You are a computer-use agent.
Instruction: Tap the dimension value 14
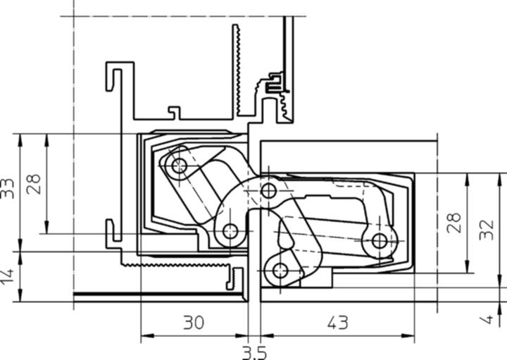8,275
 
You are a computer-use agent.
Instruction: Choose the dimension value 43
338,323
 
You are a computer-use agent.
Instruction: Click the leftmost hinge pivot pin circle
179,166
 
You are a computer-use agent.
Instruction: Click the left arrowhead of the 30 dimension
145,335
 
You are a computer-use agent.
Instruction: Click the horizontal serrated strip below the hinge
176,263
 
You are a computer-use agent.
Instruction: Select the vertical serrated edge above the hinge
237,70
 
